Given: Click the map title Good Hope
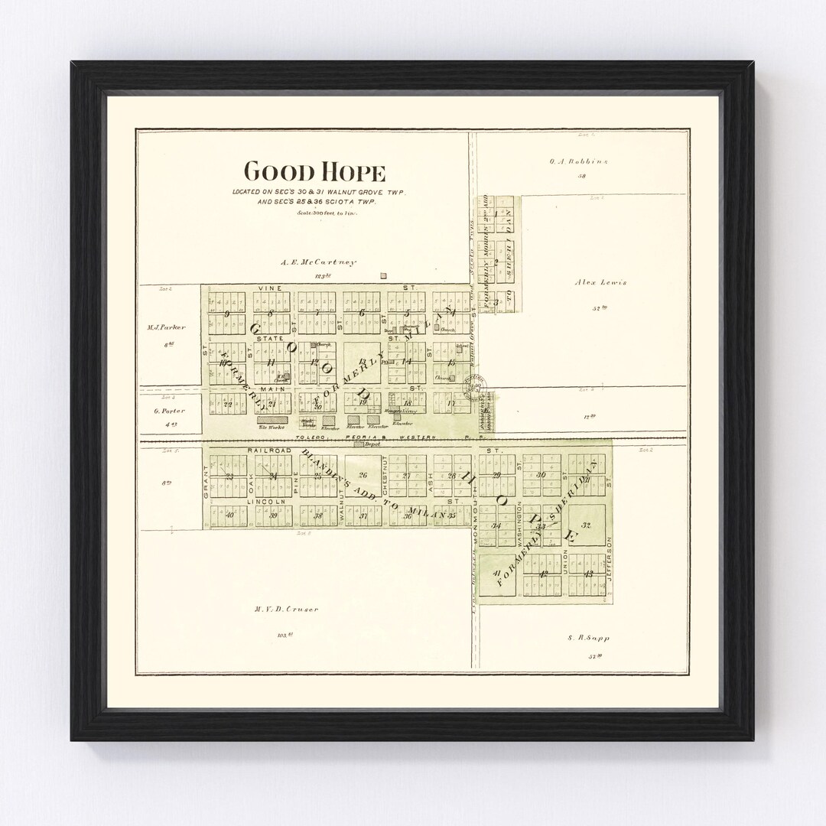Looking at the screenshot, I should (x=314, y=171).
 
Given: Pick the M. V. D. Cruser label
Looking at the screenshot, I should (x=287, y=609).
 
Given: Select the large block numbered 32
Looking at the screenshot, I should (x=587, y=525).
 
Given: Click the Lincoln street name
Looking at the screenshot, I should (x=269, y=502).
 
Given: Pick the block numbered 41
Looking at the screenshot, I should (x=497, y=574).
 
